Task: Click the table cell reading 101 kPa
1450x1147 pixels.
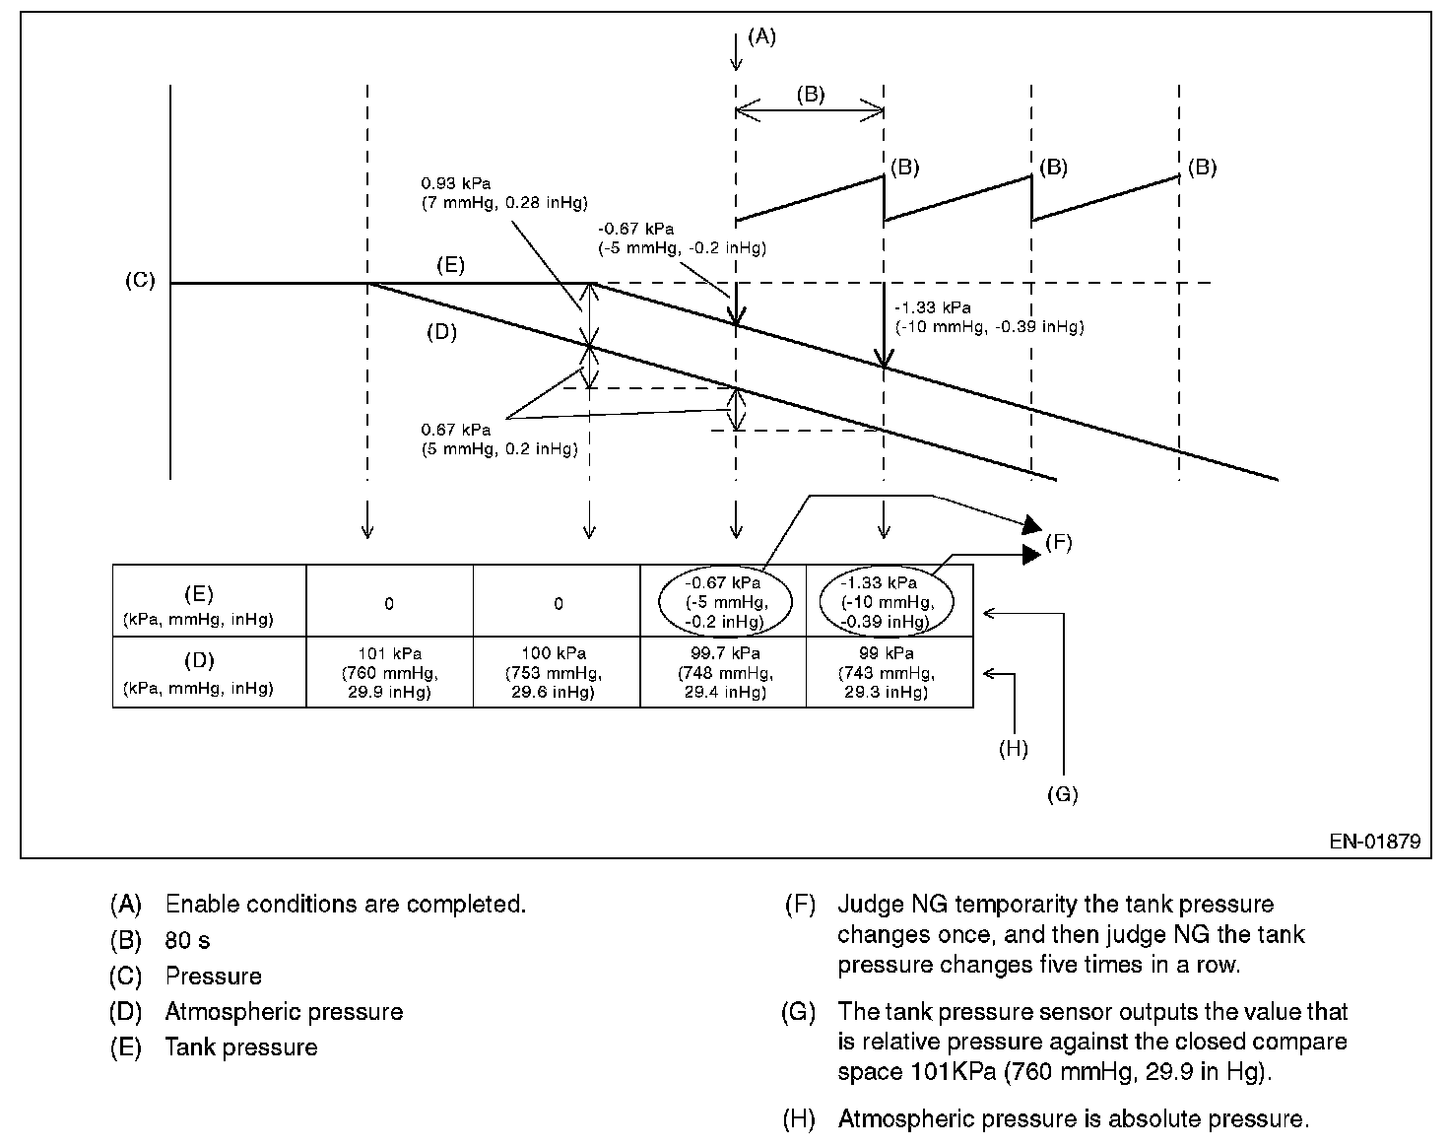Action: (x=389, y=672)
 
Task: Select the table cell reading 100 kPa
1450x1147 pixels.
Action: (x=558, y=672)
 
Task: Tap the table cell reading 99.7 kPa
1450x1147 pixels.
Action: (x=723, y=672)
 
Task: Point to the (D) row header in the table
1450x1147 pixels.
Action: (x=198, y=673)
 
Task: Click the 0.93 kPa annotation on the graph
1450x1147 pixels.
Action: (x=502, y=193)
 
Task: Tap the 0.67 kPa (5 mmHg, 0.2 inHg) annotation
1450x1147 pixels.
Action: (x=498, y=439)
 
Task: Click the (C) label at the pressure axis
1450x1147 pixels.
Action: (x=139, y=281)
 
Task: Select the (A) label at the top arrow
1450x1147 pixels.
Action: (x=761, y=37)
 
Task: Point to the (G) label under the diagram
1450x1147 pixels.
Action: (x=1063, y=794)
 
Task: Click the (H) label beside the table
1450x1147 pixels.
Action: (x=1013, y=749)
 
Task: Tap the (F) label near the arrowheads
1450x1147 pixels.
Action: (x=1058, y=541)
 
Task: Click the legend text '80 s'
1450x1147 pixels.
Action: (x=187, y=940)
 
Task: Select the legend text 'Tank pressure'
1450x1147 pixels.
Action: (x=241, y=1046)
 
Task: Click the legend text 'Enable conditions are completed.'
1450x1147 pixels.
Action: (x=345, y=904)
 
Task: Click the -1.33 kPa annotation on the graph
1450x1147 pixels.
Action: (x=988, y=317)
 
